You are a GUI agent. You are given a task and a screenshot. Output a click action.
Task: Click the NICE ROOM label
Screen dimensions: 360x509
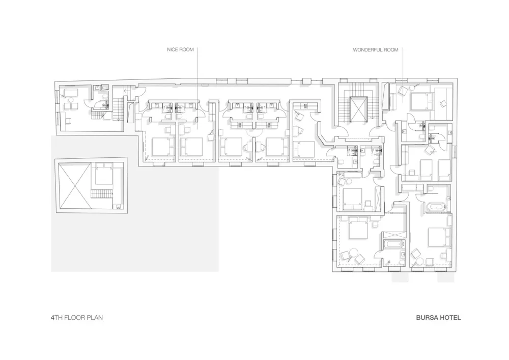pyautogui.click(x=180, y=50)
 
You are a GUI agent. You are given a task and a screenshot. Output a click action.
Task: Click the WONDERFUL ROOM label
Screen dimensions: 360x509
pyautogui.click(x=375, y=50)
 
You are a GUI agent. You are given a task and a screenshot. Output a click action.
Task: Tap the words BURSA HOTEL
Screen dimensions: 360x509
pyautogui.click(x=438, y=317)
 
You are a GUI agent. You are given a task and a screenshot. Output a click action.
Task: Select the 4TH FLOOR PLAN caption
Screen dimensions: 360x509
pyautogui.click(x=77, y=317)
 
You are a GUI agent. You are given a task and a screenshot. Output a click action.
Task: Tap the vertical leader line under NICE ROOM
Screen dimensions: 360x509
pyautogui.click(x=196, y=76)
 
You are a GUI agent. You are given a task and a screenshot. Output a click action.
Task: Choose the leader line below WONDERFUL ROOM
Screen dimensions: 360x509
pyautogui.click(x=403, y=66)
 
